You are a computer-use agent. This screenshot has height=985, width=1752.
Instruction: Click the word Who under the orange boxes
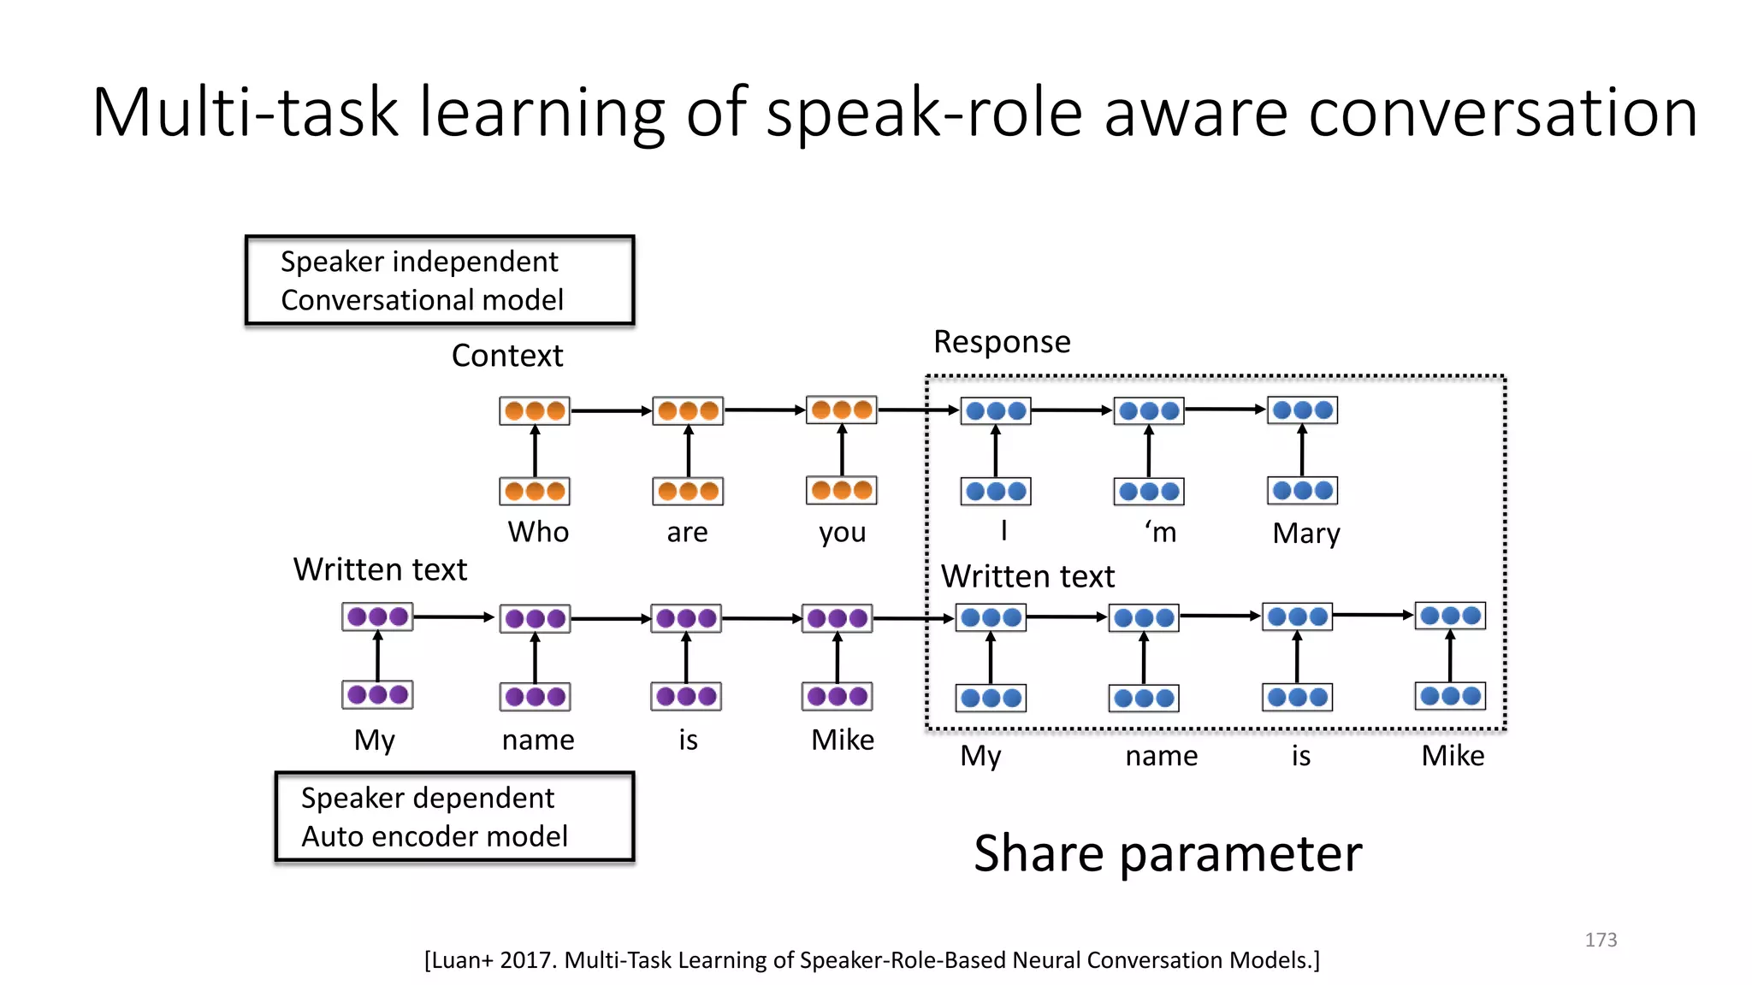pos(537,532)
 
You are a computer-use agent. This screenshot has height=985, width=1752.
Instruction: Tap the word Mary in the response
pos(1305,534)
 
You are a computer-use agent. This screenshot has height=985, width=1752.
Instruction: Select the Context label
pos(506,356)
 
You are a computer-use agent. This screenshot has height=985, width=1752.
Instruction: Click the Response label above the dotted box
pos(1001,342)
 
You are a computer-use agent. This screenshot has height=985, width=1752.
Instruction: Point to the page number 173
pos(1600,940)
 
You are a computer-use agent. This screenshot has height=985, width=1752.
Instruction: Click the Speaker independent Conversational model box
pos(440,280)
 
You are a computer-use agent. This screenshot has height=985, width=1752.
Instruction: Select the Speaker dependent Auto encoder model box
pos(454,817)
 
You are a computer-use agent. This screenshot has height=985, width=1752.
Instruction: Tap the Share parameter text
pos(1167,853)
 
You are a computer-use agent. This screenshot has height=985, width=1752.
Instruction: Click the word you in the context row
pos(842,532)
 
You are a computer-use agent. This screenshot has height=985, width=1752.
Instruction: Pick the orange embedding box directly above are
pos(688,491)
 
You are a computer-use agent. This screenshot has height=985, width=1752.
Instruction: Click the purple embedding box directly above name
pos(535,696)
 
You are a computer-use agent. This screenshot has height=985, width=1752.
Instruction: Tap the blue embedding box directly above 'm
pos(1149,492)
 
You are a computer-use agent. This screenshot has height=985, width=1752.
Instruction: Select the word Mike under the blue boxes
pos(1452,756)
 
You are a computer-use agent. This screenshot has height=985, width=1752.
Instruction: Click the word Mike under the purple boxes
pos(842,740)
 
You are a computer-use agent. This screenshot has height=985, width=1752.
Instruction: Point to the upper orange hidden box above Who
pos(535,410)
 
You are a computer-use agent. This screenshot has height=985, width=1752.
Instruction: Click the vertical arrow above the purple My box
pos(377,656)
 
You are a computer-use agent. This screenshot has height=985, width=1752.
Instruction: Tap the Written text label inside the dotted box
pos(1027,576)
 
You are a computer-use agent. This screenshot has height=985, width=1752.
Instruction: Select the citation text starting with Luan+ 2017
pos(872,960)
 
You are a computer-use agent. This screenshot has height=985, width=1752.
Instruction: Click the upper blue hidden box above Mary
pos(1302,410)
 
